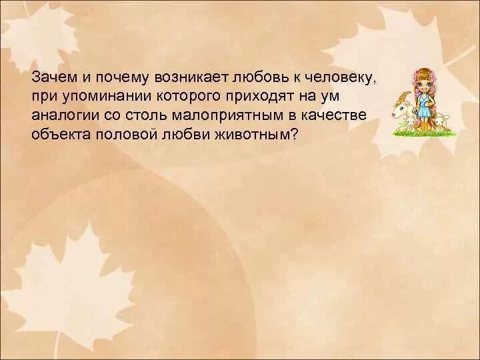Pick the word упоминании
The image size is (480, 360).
point(100,97)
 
